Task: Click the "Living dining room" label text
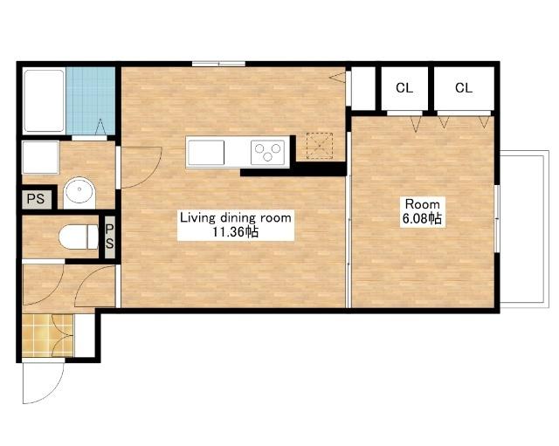pyautogui.click(x=235, y=217)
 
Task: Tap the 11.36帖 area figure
pyautogui.click(x=235, y=232)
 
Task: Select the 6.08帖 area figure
pyautogui.click(x=422, y=218)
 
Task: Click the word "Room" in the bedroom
pyautogui.click(x=423, y=204)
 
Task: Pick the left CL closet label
pyautogui.click(x=404, y=87)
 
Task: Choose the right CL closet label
pyautogui.click(x=464, y=87)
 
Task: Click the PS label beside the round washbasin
pyautogui.click(x=36, y=198)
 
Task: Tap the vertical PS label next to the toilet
pyautogui.click(x=110, y=237)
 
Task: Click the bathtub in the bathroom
pyautogui.click(x=44, y=101)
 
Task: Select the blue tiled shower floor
pyautogui.click(x=91, y=101)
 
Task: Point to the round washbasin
pyautogui.click(x=79, y=192)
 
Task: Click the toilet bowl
pyautogui.click(x=79, y=237)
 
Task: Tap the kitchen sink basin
pyautogui.click(x=206, y=153)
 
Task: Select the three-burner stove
pyautogui.click(x=267, y=153)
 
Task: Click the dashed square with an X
pyautogui.click(x=320, y=146)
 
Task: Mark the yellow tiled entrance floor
pyautogui.click(x=47, y=335)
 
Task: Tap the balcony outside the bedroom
pyautogui.click(x=523, y=229)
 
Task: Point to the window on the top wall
pyautogui.click(x=218, y=64)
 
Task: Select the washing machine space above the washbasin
pyautogui.click(x=41, y=157)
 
